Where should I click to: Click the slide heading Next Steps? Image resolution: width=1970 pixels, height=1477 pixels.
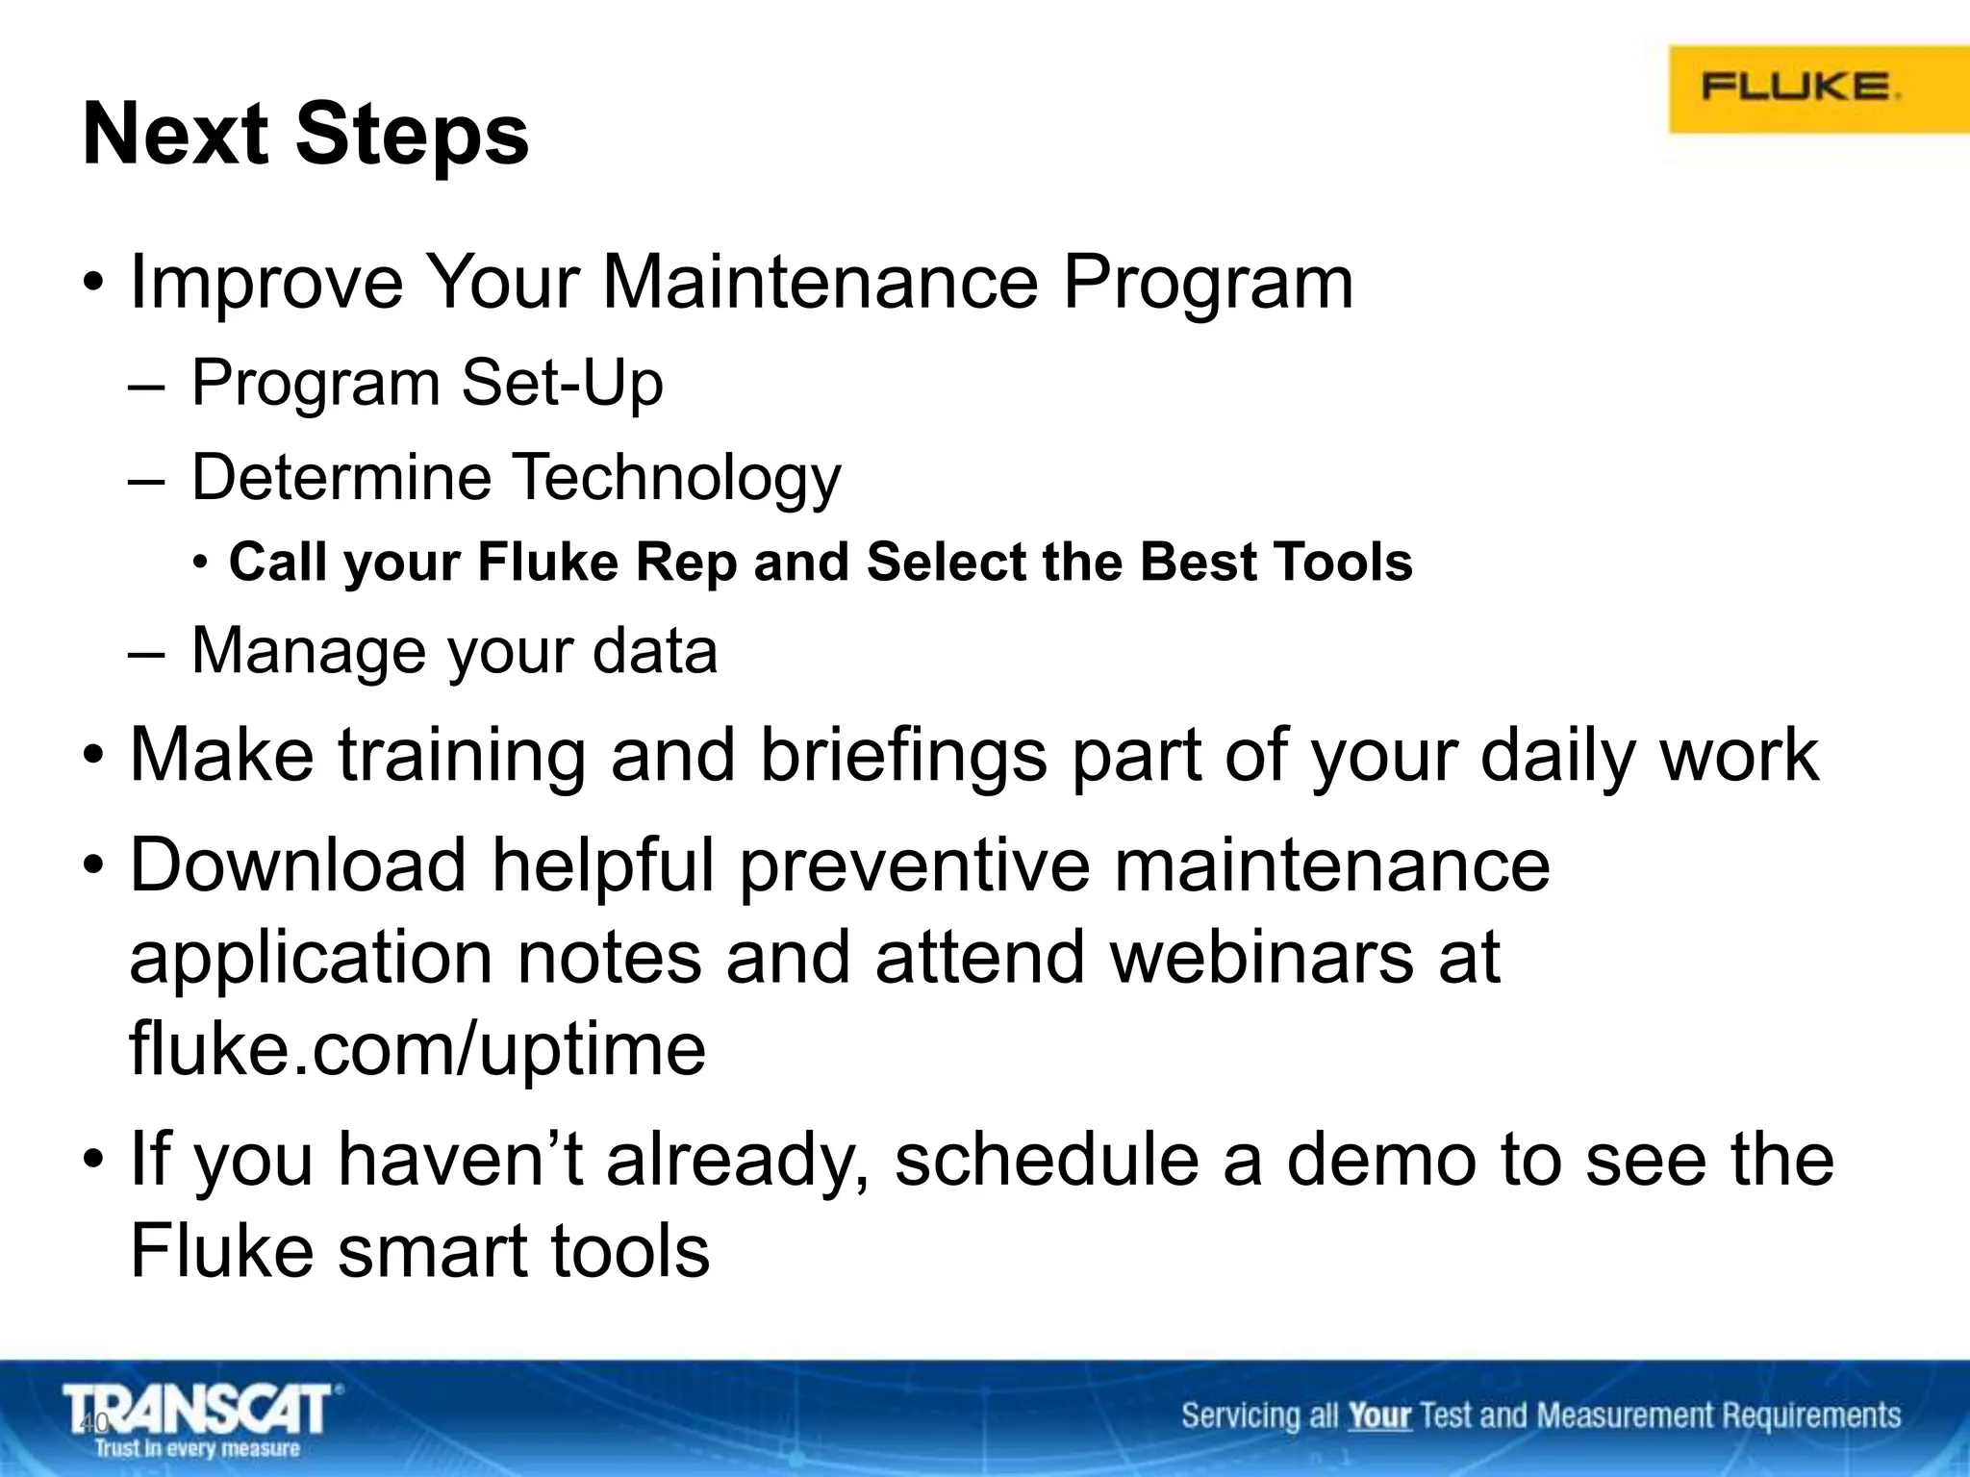click(306, 135)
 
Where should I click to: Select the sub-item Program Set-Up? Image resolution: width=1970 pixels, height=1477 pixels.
click(427, 383)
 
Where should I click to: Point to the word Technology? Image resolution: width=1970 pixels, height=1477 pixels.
click(675, 477)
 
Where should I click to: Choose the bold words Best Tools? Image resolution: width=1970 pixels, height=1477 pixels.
click(1275, 562)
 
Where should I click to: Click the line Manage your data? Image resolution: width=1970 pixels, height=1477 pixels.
click(454, 651)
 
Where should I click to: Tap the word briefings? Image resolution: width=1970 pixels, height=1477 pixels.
click(902, 755)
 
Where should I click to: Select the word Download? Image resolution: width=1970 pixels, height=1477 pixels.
click(298, 864)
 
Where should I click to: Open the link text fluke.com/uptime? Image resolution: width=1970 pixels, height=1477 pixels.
click(417, 1048)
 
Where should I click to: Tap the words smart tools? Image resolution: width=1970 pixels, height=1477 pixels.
click(524, 1251)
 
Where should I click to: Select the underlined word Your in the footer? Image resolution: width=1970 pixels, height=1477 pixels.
click(1378, 1415)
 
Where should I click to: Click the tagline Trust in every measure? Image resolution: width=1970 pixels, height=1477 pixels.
click(197, 1448)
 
